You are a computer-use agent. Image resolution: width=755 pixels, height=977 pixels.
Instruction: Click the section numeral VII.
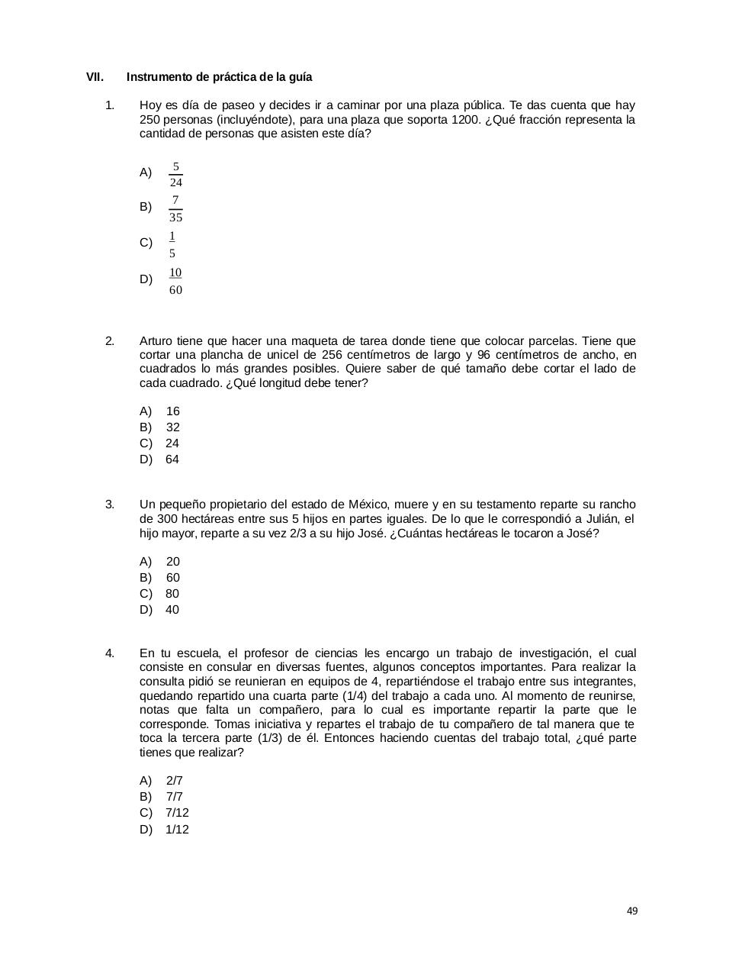(x=95, y=77)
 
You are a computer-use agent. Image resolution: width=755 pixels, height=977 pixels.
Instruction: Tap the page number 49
(x=631, y=911)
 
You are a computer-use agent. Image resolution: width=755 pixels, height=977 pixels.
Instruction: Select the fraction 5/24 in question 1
(x=175, y=174)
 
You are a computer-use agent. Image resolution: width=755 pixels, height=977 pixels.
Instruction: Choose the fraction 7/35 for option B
(x=175, y=208)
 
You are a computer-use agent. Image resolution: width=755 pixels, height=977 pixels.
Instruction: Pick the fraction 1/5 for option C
(x=172, y=244)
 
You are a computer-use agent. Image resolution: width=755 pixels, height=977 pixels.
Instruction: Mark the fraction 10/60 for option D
(x=175, y=281)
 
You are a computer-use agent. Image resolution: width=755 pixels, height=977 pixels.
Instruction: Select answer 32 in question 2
(x=173, y=427)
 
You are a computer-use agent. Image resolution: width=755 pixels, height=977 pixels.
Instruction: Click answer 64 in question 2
(x=172, y=459)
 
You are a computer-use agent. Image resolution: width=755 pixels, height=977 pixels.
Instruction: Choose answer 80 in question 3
(x=172, y=593)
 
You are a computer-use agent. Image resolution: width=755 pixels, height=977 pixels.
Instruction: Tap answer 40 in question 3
(x=172, y=609)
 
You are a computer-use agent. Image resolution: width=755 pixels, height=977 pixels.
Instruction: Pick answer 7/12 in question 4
(x=177, y=812)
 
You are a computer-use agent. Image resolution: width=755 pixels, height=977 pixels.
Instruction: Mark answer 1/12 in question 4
(x=177, y=829)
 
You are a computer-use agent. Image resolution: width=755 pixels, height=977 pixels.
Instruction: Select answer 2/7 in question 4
(x=175, y=780)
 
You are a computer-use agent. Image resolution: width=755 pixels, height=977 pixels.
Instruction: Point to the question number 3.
(x=110, y=504)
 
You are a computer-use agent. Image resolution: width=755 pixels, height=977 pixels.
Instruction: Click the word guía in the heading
(x=300, y=77)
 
